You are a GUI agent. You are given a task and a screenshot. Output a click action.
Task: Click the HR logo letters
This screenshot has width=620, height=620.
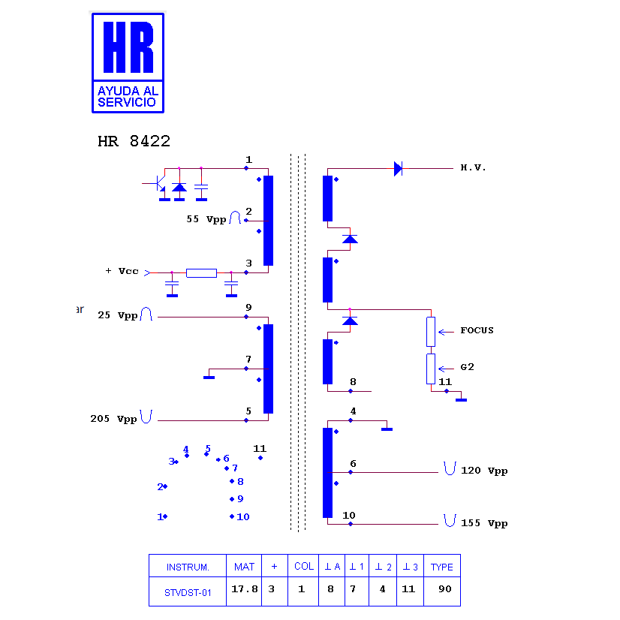pos(128,47)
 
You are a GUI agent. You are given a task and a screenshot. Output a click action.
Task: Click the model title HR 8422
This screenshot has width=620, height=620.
pos(134,141)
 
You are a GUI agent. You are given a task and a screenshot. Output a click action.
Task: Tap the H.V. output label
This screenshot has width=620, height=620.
pos(473,167)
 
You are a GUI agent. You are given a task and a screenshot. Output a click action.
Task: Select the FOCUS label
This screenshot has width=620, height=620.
pos(477,330)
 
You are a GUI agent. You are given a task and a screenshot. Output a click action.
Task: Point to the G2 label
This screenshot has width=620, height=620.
pos(467,367)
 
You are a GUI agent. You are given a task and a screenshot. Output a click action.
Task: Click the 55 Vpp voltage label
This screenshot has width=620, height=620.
pos(206,219)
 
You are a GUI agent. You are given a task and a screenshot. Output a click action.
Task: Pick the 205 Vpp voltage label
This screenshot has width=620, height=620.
pos(113,419)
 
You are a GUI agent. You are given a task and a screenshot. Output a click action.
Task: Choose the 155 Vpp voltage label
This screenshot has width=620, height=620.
pos(484,523)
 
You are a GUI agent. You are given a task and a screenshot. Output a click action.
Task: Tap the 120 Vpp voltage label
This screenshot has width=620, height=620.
pos(484,471)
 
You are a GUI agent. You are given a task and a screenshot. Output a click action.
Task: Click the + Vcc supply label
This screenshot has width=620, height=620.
pos(122,271)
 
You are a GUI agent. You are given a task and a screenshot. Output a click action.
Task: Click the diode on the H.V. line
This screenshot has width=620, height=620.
pos(398,168)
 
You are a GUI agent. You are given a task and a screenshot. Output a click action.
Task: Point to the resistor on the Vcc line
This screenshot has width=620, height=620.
pos(201,272)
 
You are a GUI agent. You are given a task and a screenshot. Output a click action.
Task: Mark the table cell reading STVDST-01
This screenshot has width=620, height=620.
pos(188,593)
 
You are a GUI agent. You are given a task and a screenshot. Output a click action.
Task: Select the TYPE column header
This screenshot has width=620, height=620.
pos(441,567)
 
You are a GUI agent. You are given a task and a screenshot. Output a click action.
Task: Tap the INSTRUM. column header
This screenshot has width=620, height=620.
pos(188,567)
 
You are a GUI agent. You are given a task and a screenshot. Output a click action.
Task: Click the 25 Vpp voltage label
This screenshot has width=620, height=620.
pos(117,315)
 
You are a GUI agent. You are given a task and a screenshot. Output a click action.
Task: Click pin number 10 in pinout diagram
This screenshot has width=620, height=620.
pos(242,517)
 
